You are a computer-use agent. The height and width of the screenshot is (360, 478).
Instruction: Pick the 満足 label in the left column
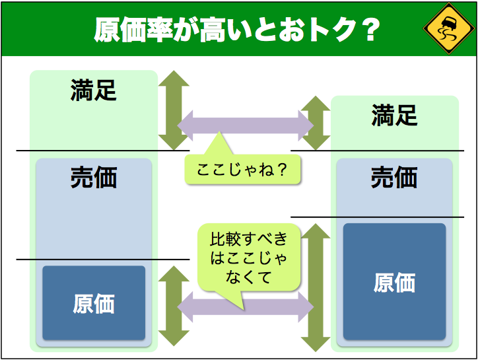tap(94, 90)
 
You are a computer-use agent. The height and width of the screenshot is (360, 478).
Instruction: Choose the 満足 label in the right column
tap(394, 116)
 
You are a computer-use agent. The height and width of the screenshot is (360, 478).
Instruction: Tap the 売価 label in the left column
tap(94, 178)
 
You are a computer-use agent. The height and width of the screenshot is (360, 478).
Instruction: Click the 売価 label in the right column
tap(394, 177)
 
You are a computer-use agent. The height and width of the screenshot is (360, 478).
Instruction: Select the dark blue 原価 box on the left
tap(94, 303)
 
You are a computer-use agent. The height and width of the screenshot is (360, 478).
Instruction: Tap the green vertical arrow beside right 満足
tap(315, 123)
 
